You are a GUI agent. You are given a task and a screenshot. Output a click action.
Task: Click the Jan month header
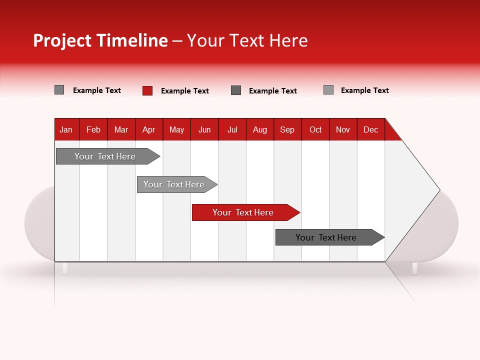[x=66, y=129]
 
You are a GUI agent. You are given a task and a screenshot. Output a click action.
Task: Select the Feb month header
[x=93, y=129]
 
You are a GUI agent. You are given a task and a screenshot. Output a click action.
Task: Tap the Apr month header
[x=148, y=129]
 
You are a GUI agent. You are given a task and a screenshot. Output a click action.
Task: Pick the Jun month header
[x=204, y=129]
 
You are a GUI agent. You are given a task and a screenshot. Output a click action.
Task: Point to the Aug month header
[x=259, y=129]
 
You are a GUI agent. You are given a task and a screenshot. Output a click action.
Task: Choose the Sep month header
[x=287, y=129]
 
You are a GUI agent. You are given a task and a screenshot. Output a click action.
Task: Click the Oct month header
[x=315, y=129]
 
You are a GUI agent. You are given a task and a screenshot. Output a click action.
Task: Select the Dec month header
[x=370, y=129]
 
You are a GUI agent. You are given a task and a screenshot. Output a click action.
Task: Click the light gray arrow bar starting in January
[x=105, y=156]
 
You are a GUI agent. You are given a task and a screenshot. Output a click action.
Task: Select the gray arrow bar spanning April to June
[x=174, y=184]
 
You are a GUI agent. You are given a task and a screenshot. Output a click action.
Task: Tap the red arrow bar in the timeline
[x=243, y=212]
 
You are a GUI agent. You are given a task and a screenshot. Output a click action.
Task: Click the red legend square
[x=147, y=90]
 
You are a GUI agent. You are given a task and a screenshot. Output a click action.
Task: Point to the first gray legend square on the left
[x=59, y=90]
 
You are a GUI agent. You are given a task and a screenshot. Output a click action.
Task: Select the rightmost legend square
[x=328, y=90]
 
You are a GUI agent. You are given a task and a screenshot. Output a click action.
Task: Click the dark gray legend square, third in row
[x=236, y=90]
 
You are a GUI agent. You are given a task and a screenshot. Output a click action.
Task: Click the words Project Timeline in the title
[x=100, y=40]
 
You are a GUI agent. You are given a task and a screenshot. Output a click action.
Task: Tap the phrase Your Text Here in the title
[x=247, y=40]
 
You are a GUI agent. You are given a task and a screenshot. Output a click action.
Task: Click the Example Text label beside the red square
[x=185, y=91]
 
